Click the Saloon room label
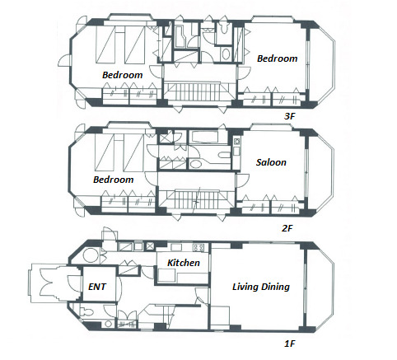(271, 162)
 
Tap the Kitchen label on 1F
(184, 263)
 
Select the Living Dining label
(261, 287)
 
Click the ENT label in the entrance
(97, 287)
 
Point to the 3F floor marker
(289, 116)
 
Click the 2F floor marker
(287, 228)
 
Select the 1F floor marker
(289, 344)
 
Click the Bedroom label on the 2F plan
(113, 180)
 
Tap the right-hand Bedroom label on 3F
(277, 58)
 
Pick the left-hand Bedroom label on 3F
(122, 75)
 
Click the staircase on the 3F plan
(199, 92)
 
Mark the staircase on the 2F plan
(196, 200)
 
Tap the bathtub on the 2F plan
(203, 137)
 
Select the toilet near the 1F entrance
(86, 311)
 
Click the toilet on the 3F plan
(224, 28)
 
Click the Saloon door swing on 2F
(242, 181)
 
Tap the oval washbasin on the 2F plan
(195, 164)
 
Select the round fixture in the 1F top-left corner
(90, 255)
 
